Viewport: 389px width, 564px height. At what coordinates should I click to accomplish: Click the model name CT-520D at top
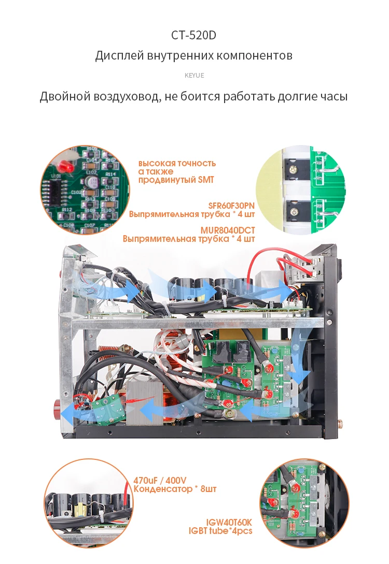(x=193, y=36)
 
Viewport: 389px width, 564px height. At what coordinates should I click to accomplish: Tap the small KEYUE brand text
(x=195, y=76)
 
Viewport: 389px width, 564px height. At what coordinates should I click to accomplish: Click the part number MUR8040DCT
(x=228, y=230)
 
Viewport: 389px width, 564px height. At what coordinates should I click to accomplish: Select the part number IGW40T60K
(x=229, y=522)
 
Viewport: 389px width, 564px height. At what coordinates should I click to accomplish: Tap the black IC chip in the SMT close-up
(x=55, y=195)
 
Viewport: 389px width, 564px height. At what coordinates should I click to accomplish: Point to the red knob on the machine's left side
(x=54, y=404)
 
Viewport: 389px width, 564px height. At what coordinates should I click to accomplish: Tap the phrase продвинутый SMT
(x=175, y=180)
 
